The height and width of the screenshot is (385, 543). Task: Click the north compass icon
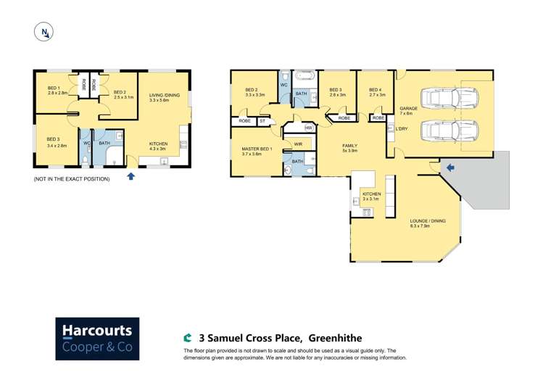[44, 33]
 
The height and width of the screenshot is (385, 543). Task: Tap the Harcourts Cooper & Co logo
[97, 339]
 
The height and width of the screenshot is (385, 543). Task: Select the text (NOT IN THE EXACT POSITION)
[72, 178]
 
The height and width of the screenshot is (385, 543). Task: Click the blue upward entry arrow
[130, 176]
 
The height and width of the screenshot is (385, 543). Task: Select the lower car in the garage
[449, 131]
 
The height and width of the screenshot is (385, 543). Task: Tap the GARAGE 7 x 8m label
[408, 111]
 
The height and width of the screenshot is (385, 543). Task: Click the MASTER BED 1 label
[257, 151]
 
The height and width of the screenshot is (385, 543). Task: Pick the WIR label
[298, 144]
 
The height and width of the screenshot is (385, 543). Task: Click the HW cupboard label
[308, 128]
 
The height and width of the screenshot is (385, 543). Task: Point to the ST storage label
[262, 120]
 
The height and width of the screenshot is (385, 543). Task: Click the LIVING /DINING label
[164, 98]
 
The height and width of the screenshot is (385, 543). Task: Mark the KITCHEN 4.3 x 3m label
[158, 146]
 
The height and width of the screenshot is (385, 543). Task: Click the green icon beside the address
[188, 338]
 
